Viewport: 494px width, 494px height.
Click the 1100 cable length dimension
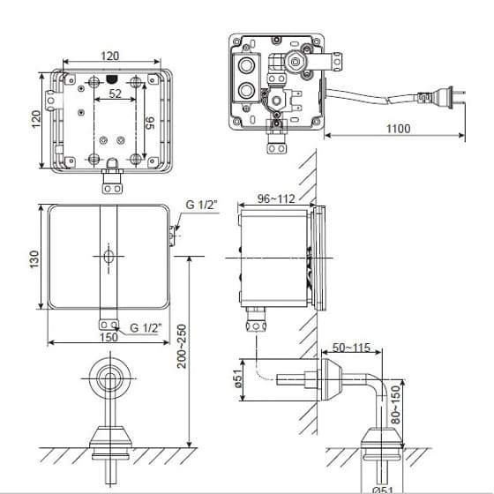coord(398,129)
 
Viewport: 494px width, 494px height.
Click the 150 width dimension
coord(109,336)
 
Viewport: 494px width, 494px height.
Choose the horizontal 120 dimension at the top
coord(110,56)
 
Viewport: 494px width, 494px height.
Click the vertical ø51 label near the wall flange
coord(237,380)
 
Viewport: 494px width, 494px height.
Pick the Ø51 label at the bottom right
coord(384,488)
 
